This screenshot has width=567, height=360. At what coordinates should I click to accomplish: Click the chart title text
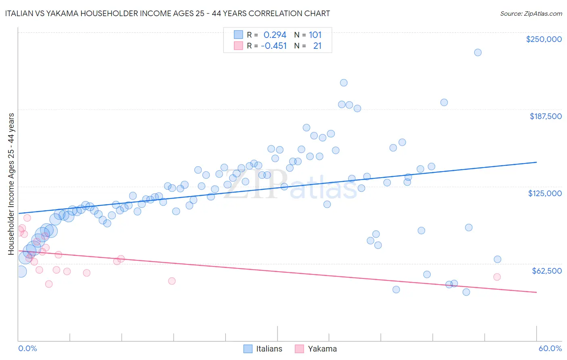(167, 13)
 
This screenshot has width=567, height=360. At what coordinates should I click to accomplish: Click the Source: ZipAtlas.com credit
(531, 13)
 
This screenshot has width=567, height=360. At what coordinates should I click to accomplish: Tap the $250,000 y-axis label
(544, 39)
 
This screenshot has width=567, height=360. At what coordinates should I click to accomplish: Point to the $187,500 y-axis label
(545, 116)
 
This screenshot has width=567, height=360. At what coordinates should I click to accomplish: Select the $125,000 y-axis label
(545, 193)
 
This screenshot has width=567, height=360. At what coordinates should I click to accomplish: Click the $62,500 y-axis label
(546, 271)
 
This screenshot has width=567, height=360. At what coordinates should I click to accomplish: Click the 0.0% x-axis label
(27, 348)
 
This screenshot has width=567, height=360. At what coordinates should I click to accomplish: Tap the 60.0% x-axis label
(550, 348)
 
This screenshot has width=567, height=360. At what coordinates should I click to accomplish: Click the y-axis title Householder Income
(11, 184)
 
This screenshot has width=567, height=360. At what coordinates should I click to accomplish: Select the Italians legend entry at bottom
(263, 349)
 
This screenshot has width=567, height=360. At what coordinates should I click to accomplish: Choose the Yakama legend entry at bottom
(316, 349)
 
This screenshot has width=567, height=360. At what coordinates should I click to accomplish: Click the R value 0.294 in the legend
(275, 35)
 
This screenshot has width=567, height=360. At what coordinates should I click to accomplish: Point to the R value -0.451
(274, 46)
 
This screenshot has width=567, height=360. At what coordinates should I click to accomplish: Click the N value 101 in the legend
(315, 35)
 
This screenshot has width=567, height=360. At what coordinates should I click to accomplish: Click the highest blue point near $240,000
(477, 52)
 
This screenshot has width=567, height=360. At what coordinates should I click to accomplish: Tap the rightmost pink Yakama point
(497, 277)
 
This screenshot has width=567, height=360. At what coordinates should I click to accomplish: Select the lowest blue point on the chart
(466, 292)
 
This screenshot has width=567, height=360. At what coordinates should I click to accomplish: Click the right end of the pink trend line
(536, 292)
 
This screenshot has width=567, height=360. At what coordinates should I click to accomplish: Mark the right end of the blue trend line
(536, 162)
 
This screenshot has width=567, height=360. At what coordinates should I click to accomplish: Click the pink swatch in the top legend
(238, 46)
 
